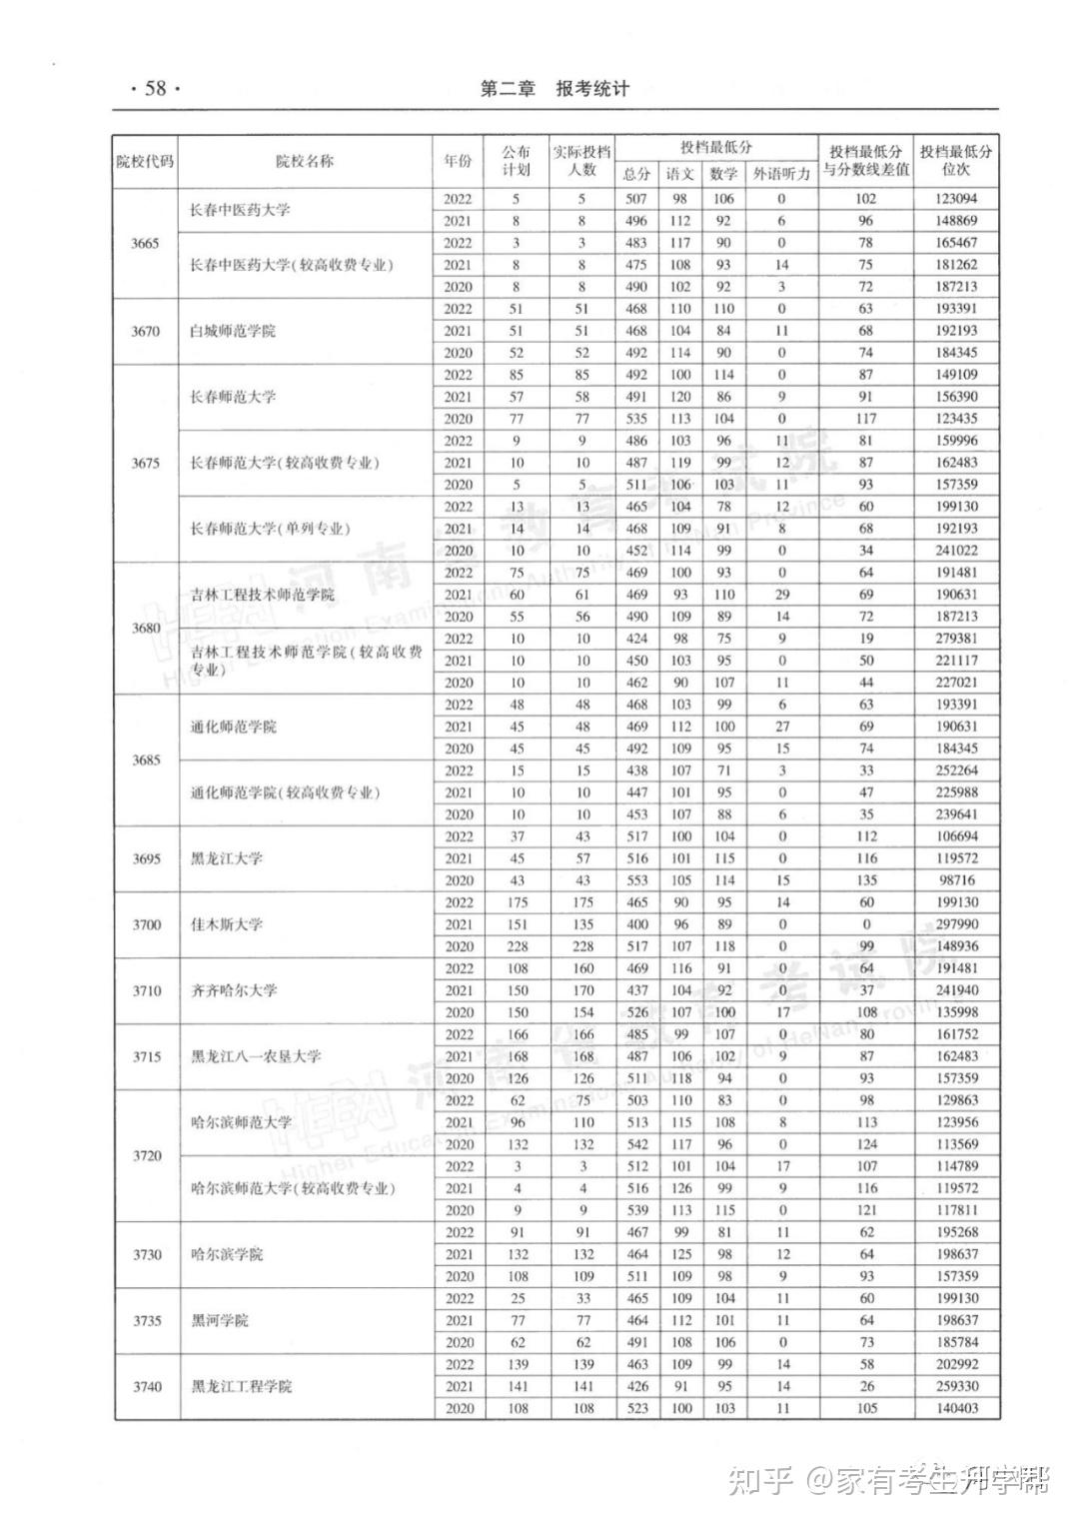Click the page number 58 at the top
click(x=155, y=88)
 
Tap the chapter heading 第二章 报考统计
click(x=554, y=89)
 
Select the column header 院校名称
click(x=305, y=161)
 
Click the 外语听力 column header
click(x=781, y=174)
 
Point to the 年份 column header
click(x=458, y=161)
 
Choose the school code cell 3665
click(x=145, y=243)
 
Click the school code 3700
click(x=146, y=924)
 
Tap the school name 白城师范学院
click(x=233, y=331)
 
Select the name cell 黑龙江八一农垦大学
click(x=256, y=1056)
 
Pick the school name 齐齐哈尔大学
click(x=234, y=990)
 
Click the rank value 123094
click(x=956, y=199)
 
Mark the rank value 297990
click(x=957, y=924)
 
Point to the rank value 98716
click(x=957, y=880)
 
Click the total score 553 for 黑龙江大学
click(x=636, y=880)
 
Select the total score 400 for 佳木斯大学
click(x=636, y=924)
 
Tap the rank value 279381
click(x=956, y=639)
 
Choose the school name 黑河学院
click(x=220, y=1320)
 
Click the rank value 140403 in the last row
click(x=957, y=1408)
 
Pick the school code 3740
click(x=147, y=1386)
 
